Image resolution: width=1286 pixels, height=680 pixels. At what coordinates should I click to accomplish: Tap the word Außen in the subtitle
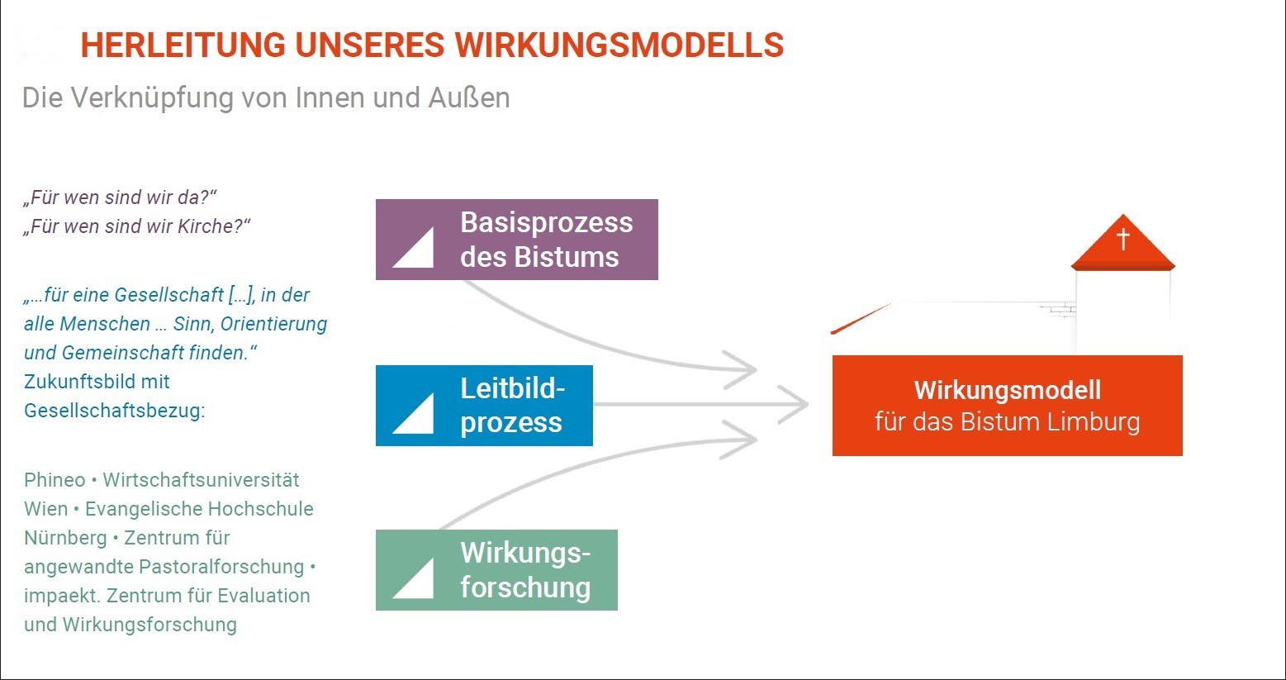[468, 97]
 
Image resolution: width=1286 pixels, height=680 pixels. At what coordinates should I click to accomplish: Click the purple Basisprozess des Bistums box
[516, 240]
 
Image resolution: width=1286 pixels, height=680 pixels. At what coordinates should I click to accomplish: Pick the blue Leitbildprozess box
[484, 406]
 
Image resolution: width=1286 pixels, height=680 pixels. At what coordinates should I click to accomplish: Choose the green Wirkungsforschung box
[496, 570]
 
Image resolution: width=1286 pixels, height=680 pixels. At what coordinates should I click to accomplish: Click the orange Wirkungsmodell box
[1007, 406]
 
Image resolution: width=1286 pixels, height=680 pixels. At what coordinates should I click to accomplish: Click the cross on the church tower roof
[1123, 238]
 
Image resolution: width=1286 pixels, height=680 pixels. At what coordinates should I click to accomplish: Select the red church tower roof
[1123, 248]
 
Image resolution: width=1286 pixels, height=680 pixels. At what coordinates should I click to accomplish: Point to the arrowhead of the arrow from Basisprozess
[743, 369]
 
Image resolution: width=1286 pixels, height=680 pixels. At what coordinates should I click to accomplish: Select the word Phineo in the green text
[55, 480]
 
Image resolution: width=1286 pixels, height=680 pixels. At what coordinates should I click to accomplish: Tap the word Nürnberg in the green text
[65, 538]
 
